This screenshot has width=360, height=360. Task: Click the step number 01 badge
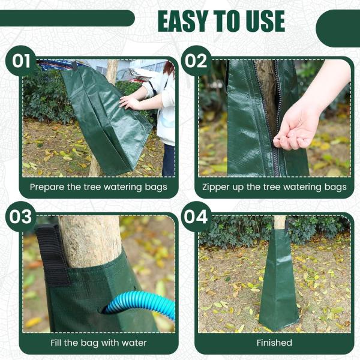(x=20, y=61)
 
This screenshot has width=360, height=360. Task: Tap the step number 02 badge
(x=196, y=61)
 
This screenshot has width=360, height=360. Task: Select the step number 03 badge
(x=20, y=217)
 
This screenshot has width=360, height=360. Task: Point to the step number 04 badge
(x=196, y=217)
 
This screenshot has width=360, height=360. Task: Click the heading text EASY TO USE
(x=221, y=22)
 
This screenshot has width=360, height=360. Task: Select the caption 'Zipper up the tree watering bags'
(x=274, y=187)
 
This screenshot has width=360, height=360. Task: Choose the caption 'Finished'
(x=274, y=343)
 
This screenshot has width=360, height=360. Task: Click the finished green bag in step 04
(x=278, y=282)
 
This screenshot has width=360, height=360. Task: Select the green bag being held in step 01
(x=105, y=120)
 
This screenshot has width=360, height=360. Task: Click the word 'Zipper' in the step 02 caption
(x=217, y=187)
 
